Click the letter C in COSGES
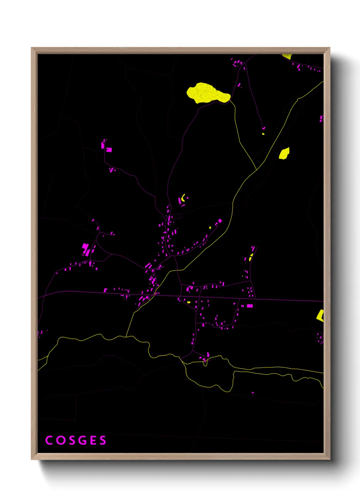click(x=49, y=440)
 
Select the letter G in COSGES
click(x=82, y=440)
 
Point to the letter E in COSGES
click(x=93, y=440)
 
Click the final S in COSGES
click(x=103, y=440)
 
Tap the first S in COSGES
click(x=71, y=440)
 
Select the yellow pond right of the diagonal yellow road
click(x=284, y=153)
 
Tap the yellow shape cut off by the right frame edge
click(x=320, y=315)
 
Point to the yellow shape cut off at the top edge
click(x=287, y=56)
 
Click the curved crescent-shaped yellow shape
click(x=183, y=198)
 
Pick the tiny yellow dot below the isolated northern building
click(x=263, y=134)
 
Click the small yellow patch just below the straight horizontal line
click(x=189, y=302)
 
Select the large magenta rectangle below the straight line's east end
click(x=250, y=306)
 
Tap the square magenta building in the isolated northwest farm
click(x=109, y=149)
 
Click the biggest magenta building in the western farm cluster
click(x=85, y=247)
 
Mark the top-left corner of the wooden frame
click(x=32, y=48)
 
